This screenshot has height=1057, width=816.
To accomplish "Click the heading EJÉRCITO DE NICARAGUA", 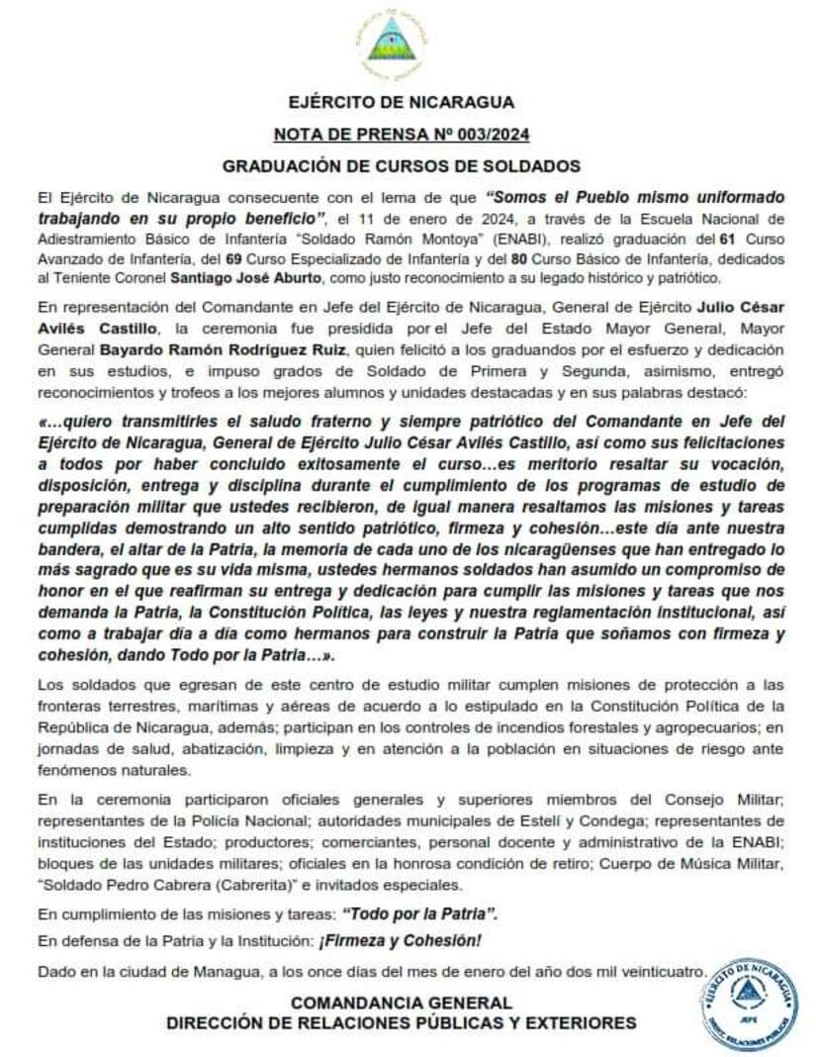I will click(x=401, y=102).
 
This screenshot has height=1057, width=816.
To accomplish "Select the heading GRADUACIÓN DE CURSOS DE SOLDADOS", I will click(x=401, y=165).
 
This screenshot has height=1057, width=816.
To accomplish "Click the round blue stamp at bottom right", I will click(x=748, y=1004).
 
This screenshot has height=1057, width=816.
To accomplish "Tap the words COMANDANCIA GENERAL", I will click(x=401, y=1003).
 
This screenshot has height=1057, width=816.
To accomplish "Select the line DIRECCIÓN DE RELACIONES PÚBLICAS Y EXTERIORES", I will click(x=401, y=1022).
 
